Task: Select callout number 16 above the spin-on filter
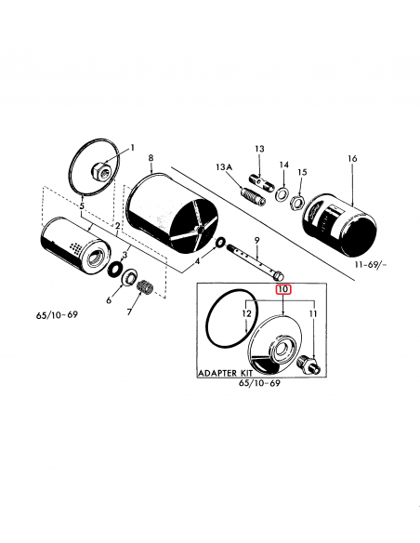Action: point(351,160)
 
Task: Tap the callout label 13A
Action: point(223,166)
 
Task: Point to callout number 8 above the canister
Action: point(151,159)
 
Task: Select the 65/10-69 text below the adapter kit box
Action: point(260,383)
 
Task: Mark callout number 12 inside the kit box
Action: point(247,315)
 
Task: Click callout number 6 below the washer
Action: point(108,300)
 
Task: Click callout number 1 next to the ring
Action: point(132,148)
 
